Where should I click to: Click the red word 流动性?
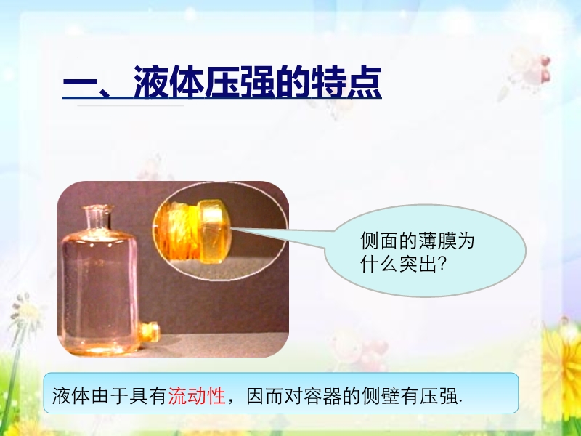point(197,395)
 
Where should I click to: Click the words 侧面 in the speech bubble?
point(379,241)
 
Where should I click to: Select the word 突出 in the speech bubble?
point(418,265)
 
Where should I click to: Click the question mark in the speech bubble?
point(442,265)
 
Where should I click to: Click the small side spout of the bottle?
point(150,332)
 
